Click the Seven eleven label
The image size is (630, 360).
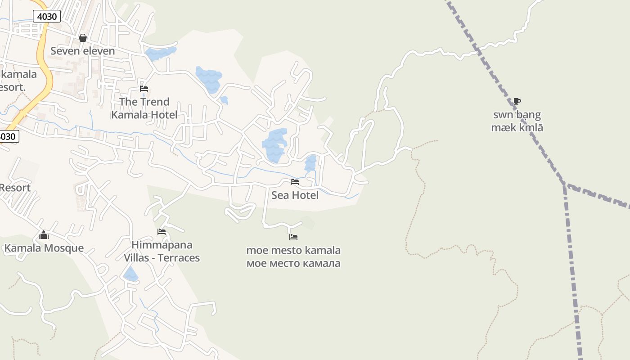[82, 51]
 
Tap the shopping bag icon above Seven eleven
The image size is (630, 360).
[83, 38]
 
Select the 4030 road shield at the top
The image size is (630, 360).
[47, 17]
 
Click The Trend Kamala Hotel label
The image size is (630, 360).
[144, 108]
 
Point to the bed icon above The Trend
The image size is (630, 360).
[144, 89]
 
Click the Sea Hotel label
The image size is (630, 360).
[295, 195]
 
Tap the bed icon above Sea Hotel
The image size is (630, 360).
[295, 182]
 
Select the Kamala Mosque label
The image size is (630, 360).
[44, 248]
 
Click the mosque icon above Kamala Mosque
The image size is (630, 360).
[44, 235]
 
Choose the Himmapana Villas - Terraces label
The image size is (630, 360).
[162, 252]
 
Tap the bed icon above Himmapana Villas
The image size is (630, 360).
[162, 232]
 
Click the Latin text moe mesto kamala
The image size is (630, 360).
[293, 250]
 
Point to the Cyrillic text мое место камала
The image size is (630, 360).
[293, 263]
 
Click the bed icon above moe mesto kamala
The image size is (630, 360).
[293, 237]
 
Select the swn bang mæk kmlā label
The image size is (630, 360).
[517, 121]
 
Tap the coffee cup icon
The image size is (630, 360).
[517, 101]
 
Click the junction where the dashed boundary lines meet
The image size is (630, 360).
[565, 185]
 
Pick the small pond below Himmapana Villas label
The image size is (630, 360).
[130, 274]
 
